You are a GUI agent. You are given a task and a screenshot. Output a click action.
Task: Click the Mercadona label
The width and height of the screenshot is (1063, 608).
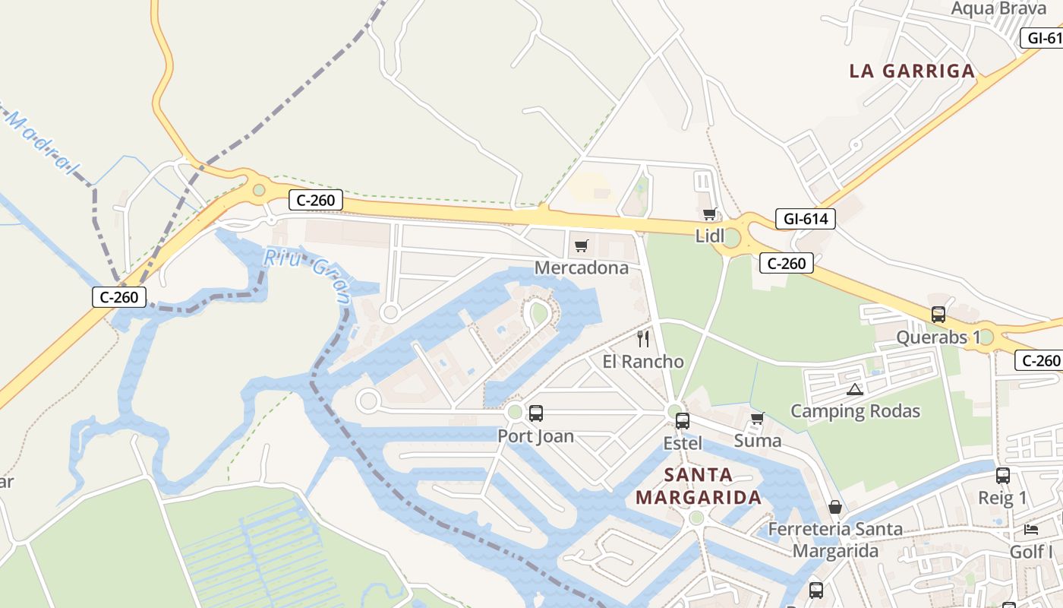582,268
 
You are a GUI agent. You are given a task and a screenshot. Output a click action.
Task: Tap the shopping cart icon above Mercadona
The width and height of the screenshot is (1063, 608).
582,245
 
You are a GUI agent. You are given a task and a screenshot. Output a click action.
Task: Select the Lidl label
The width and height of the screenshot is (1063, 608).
710,236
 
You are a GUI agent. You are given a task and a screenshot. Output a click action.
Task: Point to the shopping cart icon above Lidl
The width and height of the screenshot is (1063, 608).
709,214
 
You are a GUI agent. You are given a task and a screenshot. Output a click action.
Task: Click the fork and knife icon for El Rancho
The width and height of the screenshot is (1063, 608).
643,339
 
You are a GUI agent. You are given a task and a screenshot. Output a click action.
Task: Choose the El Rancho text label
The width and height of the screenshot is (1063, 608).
643,362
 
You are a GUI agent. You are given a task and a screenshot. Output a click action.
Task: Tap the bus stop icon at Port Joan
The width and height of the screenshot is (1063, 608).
536,413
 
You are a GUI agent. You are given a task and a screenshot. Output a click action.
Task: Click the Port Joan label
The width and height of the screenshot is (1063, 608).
535,436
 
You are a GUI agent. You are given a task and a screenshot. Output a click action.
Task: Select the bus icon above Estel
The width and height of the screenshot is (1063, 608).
683,420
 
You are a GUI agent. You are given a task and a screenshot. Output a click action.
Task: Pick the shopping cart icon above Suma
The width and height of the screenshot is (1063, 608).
757,419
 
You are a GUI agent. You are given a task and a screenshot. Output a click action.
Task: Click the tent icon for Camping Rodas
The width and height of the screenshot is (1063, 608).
855,390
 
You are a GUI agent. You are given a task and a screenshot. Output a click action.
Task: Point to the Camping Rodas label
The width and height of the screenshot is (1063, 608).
855,411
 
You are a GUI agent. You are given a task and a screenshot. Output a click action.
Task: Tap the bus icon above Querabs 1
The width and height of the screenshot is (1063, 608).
938,315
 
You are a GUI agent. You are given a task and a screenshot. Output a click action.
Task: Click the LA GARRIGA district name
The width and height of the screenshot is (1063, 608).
912,71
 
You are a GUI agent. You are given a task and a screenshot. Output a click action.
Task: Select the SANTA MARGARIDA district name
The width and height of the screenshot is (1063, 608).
698,486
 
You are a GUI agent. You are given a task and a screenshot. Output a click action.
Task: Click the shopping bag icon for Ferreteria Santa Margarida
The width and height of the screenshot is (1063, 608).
835,507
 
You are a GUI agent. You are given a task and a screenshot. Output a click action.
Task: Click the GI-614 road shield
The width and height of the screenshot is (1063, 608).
805,220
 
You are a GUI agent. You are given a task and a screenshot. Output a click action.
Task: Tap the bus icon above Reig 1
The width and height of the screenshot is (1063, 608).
1003,476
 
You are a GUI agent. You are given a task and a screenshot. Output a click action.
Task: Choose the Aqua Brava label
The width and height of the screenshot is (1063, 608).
998,8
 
